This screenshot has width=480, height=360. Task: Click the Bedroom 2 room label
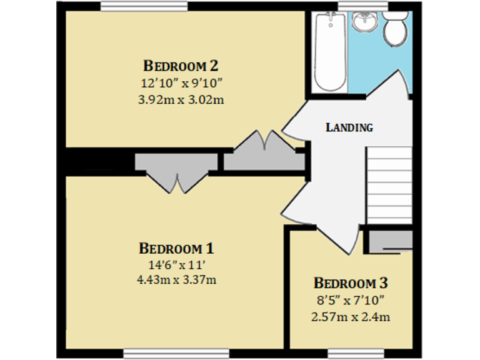[x=181, y=66]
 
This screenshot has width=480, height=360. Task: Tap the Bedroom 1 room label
[x=176, y=247]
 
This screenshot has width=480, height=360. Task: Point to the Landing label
[x=349, y=127]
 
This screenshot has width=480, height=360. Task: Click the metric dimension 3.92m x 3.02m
[x=181, y=99]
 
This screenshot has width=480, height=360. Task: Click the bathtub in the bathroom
[x=329, y=52]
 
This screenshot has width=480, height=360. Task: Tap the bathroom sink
[x=364, y=23]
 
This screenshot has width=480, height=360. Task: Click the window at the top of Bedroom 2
[x=144, y=6]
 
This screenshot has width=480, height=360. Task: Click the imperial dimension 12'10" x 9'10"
[x=181, y=82]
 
